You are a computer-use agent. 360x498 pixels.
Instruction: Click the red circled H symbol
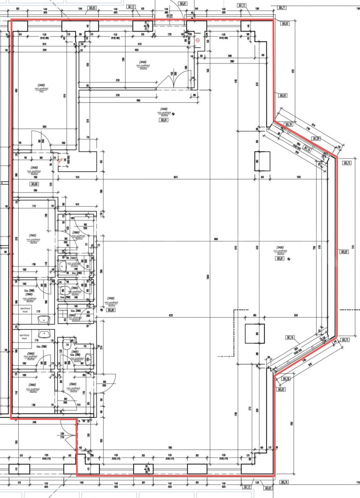coord(198,40)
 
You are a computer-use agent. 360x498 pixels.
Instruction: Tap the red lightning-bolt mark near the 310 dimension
coord(62,160)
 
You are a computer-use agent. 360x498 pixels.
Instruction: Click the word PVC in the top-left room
coord(42,92)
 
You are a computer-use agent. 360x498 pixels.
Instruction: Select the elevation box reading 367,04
coord(316,138)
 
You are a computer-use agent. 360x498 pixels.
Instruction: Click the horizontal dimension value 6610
coord(175,177)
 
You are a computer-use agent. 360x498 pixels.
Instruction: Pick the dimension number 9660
coord(216,239)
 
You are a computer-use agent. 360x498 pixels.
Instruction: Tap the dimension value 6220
coord(171,315)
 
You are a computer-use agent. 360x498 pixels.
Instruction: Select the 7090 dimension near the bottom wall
coord(170,448)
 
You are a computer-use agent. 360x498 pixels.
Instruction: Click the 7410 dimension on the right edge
coord(353,247)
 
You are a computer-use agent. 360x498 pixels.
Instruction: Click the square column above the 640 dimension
coord(262,161)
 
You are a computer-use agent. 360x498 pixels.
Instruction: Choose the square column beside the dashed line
coord(254,333)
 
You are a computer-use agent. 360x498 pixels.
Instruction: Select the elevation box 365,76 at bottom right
coord(283,482)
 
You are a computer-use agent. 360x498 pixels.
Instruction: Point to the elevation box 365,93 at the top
coord(92,8)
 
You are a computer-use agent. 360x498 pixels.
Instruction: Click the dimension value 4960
coord(138,101)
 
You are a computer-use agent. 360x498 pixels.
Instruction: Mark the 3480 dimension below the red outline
coord(34,422)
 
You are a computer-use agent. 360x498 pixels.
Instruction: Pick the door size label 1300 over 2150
coord(62,435)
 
